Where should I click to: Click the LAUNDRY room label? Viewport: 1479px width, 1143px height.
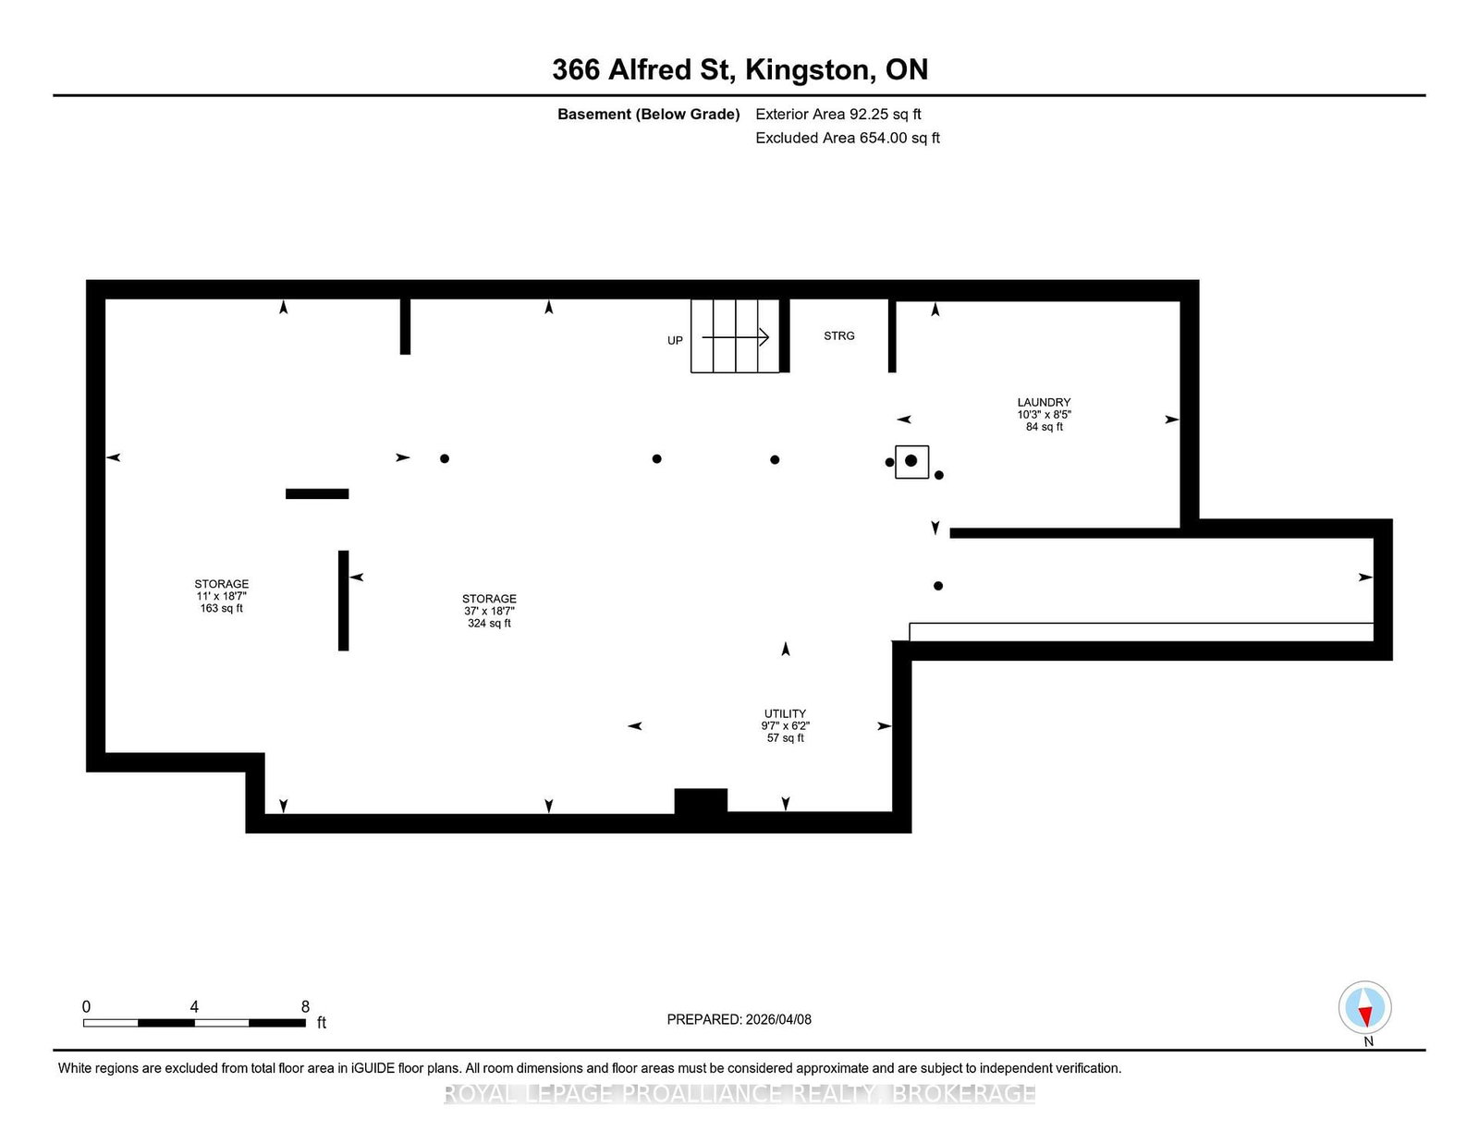click(x=1044, y=402)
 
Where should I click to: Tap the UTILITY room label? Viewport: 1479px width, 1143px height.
click(x=785, y=713)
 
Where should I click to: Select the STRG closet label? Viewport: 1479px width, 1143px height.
click(x=838, y=335)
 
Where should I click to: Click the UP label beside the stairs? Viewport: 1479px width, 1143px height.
click(x=675, y=340)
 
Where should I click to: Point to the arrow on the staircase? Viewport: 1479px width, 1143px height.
click(x=735, y=336)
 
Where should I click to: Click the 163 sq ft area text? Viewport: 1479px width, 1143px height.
click(x=221, y=608)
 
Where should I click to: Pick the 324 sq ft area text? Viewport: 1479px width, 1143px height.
click(x=489, y=623)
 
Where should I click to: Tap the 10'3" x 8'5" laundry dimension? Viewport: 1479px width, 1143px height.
click(x=1044, y=414)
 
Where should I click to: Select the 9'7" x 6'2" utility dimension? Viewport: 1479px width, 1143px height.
click(x=786, y=726)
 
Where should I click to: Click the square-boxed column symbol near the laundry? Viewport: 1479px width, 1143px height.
click(x=911, y=461)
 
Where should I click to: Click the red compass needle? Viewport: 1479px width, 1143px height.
click(x=1365, y=1016)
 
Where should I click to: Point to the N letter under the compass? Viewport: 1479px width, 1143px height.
click(x=1369, y=1041)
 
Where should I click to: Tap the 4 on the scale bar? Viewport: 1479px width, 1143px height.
click(x=194, y=1007)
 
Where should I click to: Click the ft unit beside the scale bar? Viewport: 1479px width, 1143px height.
click(x=322, y=1023)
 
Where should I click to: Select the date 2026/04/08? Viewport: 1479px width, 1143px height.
click(x=778, y=1019)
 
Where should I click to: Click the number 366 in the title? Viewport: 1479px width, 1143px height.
click(x=575, y=69)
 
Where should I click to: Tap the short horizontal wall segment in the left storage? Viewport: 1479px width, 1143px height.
click(x=317, y=494)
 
